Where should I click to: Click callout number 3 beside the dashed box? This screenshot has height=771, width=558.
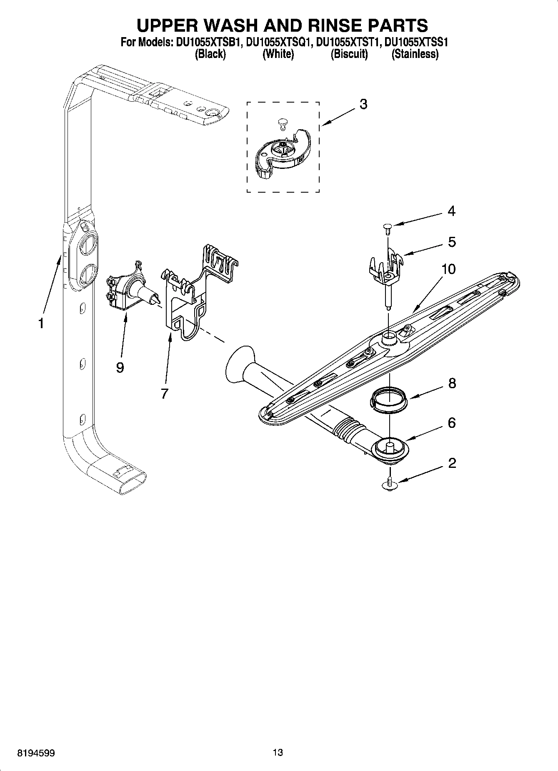pyautogui.click(x=363, y=104)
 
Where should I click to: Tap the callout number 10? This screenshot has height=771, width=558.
pyautogui.click(x=448, y=269)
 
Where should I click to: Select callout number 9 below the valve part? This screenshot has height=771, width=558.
pyautogui.click(x=120, y=367)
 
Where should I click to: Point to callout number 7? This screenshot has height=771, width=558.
pyautogui.click(x=165, y=393)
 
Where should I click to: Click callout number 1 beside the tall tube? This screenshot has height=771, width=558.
pyautogui.click(x=41, y=323)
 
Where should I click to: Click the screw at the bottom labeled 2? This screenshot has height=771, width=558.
pyautogui.click(x=390, y=482)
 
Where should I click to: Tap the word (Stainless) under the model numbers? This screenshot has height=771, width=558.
pyautogui.click(x=415, y=54)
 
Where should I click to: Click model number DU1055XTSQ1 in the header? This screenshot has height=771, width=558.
pyautogui.click(x=278, y=42)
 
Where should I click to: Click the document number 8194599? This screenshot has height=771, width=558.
pyautogui.click(x=36, y=753)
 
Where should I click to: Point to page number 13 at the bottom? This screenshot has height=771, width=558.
pyautogui.click(x=278, y=752)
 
